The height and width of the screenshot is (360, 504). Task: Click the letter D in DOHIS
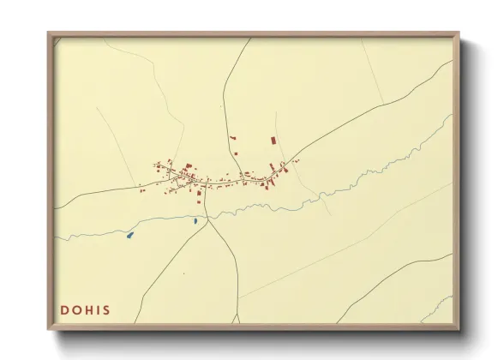click(x=65, y=309)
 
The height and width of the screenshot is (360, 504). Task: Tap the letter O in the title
click(x=77, y=309)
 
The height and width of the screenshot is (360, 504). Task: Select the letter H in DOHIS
click(x=89, y=309)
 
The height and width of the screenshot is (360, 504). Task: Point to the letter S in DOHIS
click(x=106, y=309)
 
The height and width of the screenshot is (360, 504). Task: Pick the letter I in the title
click(x=98, y=309)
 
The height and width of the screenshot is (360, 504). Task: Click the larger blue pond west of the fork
click(x=129, y=235)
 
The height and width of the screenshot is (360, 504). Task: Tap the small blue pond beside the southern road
click(x=195, y=221)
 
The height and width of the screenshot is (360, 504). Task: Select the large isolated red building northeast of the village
click(x=273, y=140)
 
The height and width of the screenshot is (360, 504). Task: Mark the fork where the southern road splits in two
click(x=209, y=219)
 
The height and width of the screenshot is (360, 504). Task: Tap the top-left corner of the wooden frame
click(x=49, y=34)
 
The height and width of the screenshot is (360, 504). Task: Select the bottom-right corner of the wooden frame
click(x=459, y=328)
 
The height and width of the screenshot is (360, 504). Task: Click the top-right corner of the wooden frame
click(x=459, y=34)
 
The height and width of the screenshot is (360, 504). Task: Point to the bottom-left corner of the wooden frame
click(x=49, y=328)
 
